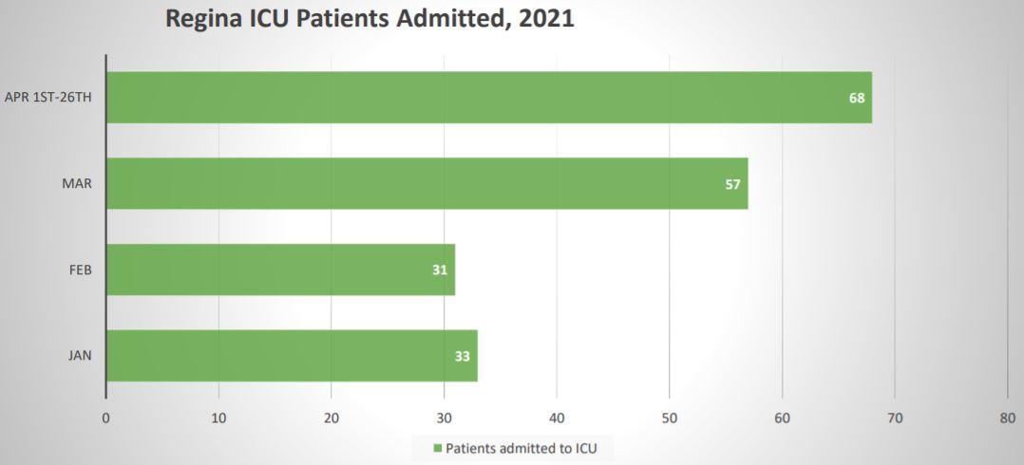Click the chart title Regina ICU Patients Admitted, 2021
click(x=370, y=18)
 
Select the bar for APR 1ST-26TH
click(x=488, y=97)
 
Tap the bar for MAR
click(x=427, y=183)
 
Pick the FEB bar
click(x=280, y=270)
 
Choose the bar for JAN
click(x=292, y=356)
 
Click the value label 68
click(x=857, y=97)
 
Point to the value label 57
click(x=732, y=183)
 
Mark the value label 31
click(x=440, y=270)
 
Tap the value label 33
click(x=463, y=357)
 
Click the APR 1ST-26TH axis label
click(x=48, y=97)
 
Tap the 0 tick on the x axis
click(x=105, y=418)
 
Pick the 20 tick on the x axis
click(x=331, y=418)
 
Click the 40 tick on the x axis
click(x=557, y=418)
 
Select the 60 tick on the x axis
click(x=782, y=418)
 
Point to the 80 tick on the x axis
click(x=1007, y=418)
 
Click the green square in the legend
click(x=438, y=448)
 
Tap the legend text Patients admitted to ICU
click(x=528, y=448)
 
